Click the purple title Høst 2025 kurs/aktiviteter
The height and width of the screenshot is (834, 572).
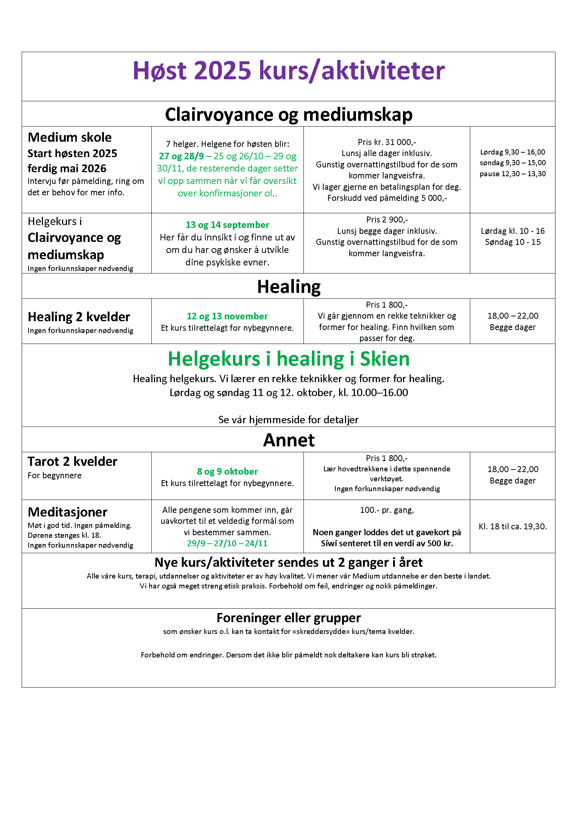pyautogui.click(x=288, y=70)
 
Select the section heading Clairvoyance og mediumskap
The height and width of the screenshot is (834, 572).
pyautogui.click(x=288, y=115)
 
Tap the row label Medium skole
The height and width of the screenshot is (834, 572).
pyautogui.click(x=69, y=137)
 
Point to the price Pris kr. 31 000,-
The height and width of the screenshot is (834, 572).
pyautogui.click(x=386, y=142)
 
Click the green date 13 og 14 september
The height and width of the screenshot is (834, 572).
pyautogui.click(x=227, y=225)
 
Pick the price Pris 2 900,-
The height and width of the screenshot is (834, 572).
pyautogui.click(x=386, y=220)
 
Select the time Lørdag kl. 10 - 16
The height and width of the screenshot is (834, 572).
pyautogui.click(x=512, y=231)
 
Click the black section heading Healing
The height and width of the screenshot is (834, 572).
pyautogui.click(x=288, y=287)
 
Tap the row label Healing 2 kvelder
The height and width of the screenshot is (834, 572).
pyautogui.click(x=79, y=316)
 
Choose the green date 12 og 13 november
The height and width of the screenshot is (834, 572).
pyautogui.click(x=227, y=316)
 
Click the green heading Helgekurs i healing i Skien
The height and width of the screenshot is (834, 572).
pyautogui.click(x=288, y=359)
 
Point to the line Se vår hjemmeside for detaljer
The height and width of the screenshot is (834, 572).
pyautogui.click(x=288, y=420)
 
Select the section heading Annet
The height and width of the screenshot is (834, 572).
pyautogui.click(x=288, y=440)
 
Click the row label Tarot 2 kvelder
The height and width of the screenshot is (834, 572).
pyautogui.click(x=72, y=461)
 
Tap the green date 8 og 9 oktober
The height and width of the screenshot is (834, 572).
pyautogui.click(x=227, y=471)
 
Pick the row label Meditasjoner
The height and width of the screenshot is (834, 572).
pyautogui.click(x=68, y=512)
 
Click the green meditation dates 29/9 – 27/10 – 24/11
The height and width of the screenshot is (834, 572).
pyautogui.click(x=227, y=543)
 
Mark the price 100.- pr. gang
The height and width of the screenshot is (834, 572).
pyautogui.click(x=386, y=510)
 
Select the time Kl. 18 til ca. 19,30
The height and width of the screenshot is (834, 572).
pyautogui.click(x=512, y=526)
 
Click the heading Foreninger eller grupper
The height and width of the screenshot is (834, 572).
pyautogui.click(x=288, y=618)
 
